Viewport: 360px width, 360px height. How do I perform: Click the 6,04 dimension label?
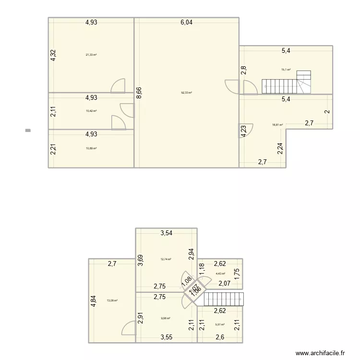pos(186,22)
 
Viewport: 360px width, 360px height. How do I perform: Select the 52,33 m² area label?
pos(186,93)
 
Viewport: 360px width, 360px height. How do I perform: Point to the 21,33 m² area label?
pos(91,55)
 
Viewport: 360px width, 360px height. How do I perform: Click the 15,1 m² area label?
pos(286,70)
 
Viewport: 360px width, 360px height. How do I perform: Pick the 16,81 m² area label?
pos(277,125)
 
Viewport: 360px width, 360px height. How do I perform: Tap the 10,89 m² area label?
pos(91,148)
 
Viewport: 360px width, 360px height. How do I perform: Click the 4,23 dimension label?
pos(244,131)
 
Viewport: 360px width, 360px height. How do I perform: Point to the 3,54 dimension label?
pos(167,233)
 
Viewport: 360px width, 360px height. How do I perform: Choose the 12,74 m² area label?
pos(166,259)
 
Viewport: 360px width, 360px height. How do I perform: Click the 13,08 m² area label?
pos(112,301)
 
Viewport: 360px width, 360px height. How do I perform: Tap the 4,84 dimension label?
pos(94,301)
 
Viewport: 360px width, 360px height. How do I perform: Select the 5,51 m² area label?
pos(220,324)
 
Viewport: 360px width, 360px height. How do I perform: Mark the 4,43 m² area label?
pos(220,274)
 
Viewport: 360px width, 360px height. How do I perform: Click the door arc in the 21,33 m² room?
pos(118,86)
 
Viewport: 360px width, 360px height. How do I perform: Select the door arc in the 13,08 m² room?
pos(129,328)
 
